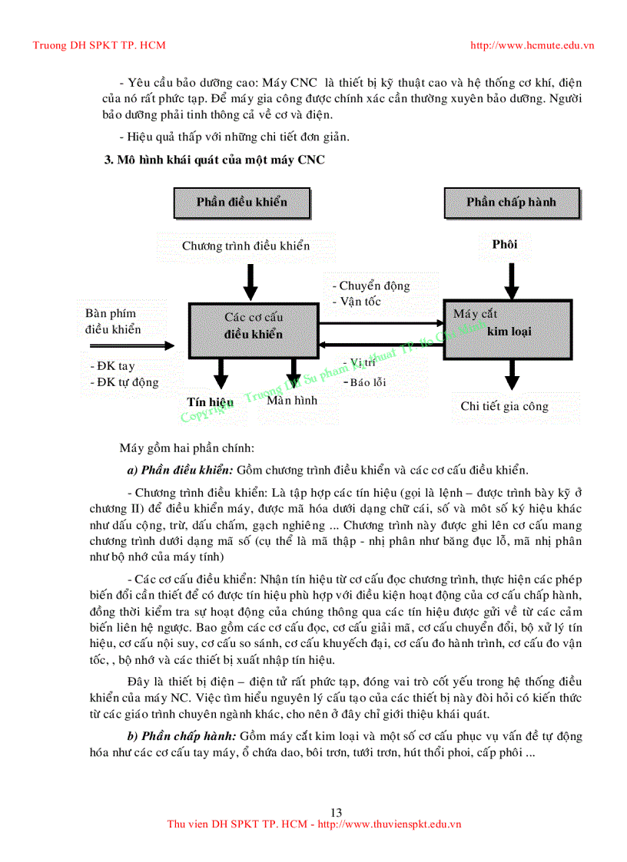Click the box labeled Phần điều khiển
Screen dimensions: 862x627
click(242, 203)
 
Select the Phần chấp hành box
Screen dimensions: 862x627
click(511, 203)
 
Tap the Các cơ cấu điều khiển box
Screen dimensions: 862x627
click(253, 325)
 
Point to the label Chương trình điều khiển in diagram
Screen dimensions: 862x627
click(246, 246)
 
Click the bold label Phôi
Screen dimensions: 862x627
click(505, 245)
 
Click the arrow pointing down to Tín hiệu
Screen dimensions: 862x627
click(221, 375)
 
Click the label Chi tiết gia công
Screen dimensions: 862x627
click(505, 407)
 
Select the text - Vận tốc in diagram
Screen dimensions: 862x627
click(357, 302)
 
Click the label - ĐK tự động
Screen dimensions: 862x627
click(124, 382)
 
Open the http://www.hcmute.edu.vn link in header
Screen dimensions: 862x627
click(532, 45)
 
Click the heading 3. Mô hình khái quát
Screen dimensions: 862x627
click(214, 160)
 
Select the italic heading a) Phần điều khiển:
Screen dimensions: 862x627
click(180, 471)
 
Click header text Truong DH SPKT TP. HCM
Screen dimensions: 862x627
click(99, 45)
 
